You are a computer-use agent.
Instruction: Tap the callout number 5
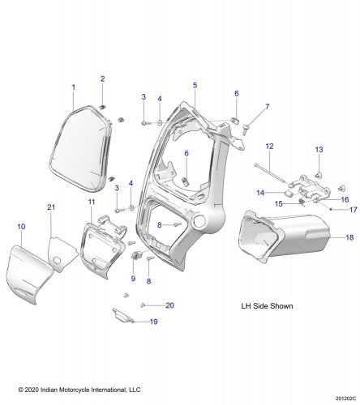pos(195,84)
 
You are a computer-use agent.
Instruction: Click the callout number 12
pos(269,146)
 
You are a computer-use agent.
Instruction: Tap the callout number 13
pos(319,150)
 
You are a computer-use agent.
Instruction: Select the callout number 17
pos(353,209)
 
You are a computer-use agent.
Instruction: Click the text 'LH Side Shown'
pos(267,307)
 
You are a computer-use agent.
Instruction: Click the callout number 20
pos(169,305)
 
